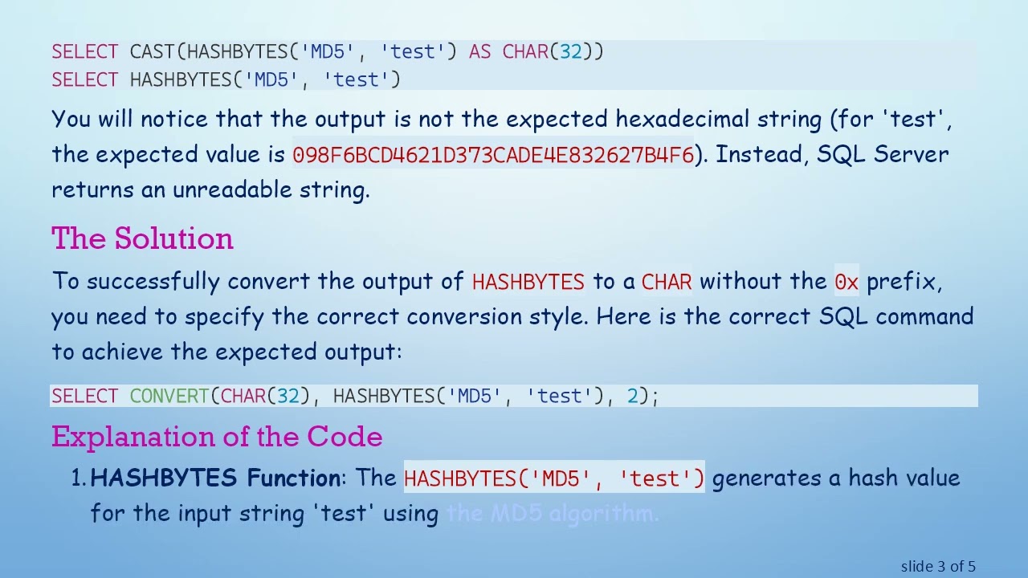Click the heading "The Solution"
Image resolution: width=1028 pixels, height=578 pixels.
tap(142, 238)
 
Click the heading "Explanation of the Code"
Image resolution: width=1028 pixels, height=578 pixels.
tap(217, 437)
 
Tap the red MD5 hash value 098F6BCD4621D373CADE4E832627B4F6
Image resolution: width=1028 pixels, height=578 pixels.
tap(493, 155)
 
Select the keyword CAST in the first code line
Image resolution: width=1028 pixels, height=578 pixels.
tap(152, 52)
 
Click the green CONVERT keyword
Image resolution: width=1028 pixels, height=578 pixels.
tap(169, 396)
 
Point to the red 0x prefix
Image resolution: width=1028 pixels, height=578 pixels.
tap(846, 282)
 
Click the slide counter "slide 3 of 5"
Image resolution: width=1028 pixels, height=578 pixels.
tap(938, 567)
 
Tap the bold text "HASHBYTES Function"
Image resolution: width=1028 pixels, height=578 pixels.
tap(215, 478)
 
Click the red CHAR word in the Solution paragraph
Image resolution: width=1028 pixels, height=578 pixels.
tap(667, 282)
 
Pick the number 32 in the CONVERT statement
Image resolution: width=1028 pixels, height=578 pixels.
tap(288, 396)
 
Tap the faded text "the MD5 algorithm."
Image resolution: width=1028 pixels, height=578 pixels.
tap(553, 514)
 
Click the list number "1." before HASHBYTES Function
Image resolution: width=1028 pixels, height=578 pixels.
tap(79, 478)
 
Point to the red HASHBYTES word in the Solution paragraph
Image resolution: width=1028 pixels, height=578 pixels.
tap(528, 282)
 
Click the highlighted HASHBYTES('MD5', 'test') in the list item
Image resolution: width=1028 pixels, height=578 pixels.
tap(554, 478)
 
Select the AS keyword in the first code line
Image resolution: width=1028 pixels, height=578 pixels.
tap(479, 52)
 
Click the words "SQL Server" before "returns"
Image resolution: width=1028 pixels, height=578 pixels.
tap(882, 155)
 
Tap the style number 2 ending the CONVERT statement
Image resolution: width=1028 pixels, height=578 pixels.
tap(632, 396)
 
